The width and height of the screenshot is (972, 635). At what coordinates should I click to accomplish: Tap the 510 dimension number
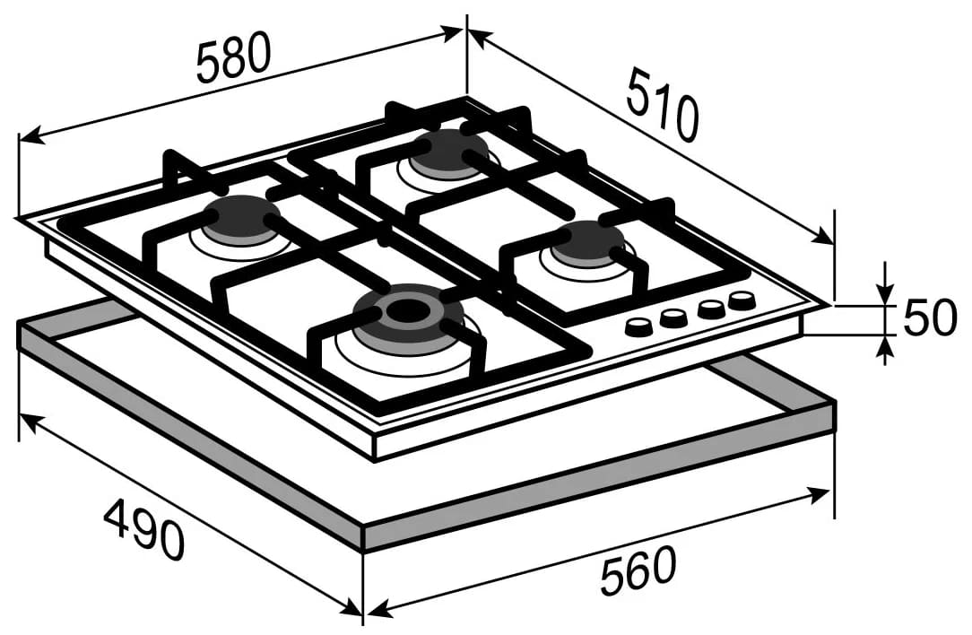click(662, 107)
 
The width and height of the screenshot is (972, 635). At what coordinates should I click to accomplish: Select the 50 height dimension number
click(930, 317)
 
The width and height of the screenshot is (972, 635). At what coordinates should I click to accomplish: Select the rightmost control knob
click(742, 300)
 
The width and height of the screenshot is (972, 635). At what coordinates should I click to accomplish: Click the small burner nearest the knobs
click(587, 240)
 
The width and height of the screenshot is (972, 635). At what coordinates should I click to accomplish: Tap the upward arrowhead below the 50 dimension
click(885, 346)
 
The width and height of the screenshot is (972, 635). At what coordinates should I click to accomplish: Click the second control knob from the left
click(673, 318)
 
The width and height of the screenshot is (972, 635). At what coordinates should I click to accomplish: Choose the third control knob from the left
click(710, 309)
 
